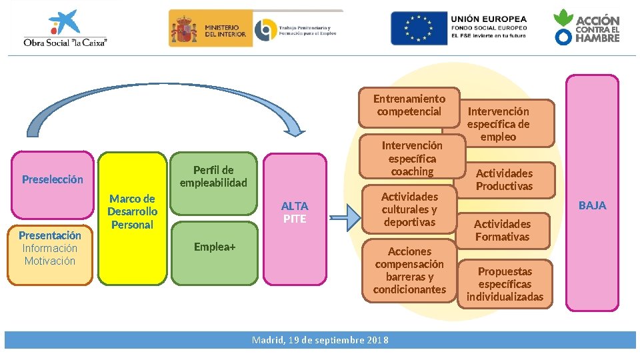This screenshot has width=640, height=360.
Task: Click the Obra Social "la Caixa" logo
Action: (65, 29)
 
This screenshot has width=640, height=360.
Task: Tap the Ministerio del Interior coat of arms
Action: (184, 29)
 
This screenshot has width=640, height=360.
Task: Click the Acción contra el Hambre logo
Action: (587, 28)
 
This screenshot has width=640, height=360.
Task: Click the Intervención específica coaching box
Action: (412, 158)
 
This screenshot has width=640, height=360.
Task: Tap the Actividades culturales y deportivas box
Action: (409, 209)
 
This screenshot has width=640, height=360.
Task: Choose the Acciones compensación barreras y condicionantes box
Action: (409, 270)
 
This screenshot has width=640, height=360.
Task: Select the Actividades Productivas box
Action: (504, 180)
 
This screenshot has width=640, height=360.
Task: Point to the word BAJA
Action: (592, 205)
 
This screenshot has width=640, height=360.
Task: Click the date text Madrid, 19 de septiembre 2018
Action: (320, 340)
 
